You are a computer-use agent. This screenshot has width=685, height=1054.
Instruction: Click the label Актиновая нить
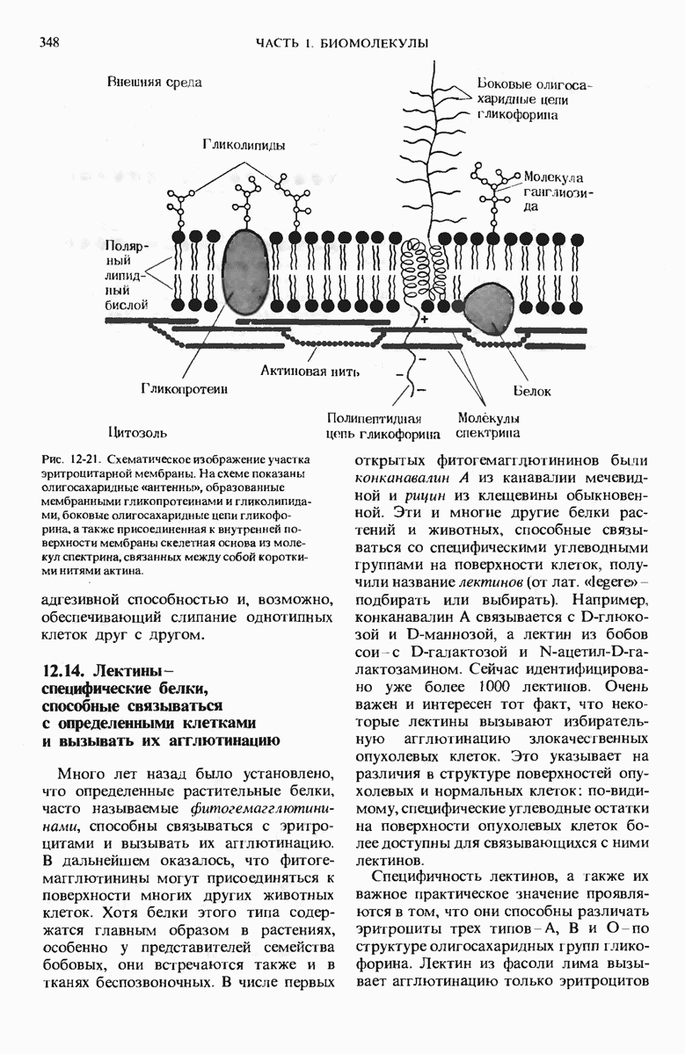point(310,372)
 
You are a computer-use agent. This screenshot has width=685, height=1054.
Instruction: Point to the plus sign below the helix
point(425,320)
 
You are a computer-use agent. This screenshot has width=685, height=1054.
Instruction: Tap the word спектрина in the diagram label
point(488,433)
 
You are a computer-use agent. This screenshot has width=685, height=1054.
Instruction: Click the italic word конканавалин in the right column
point(404,479)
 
